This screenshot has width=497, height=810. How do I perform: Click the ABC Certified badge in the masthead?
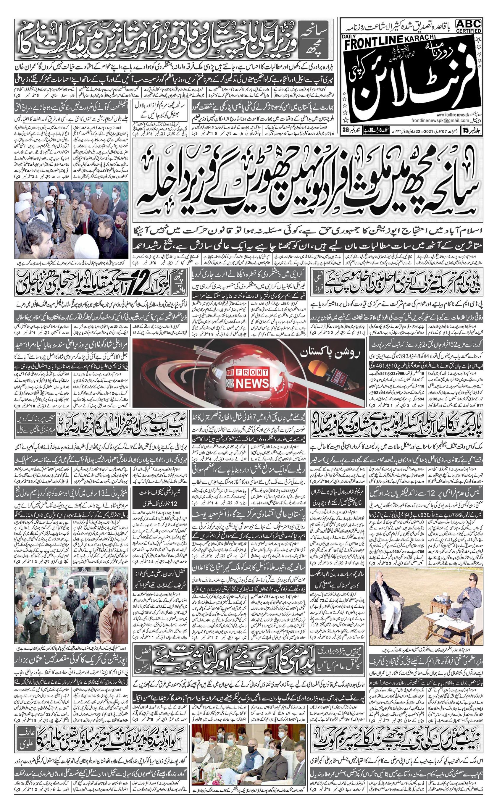[x=468, y=26]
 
